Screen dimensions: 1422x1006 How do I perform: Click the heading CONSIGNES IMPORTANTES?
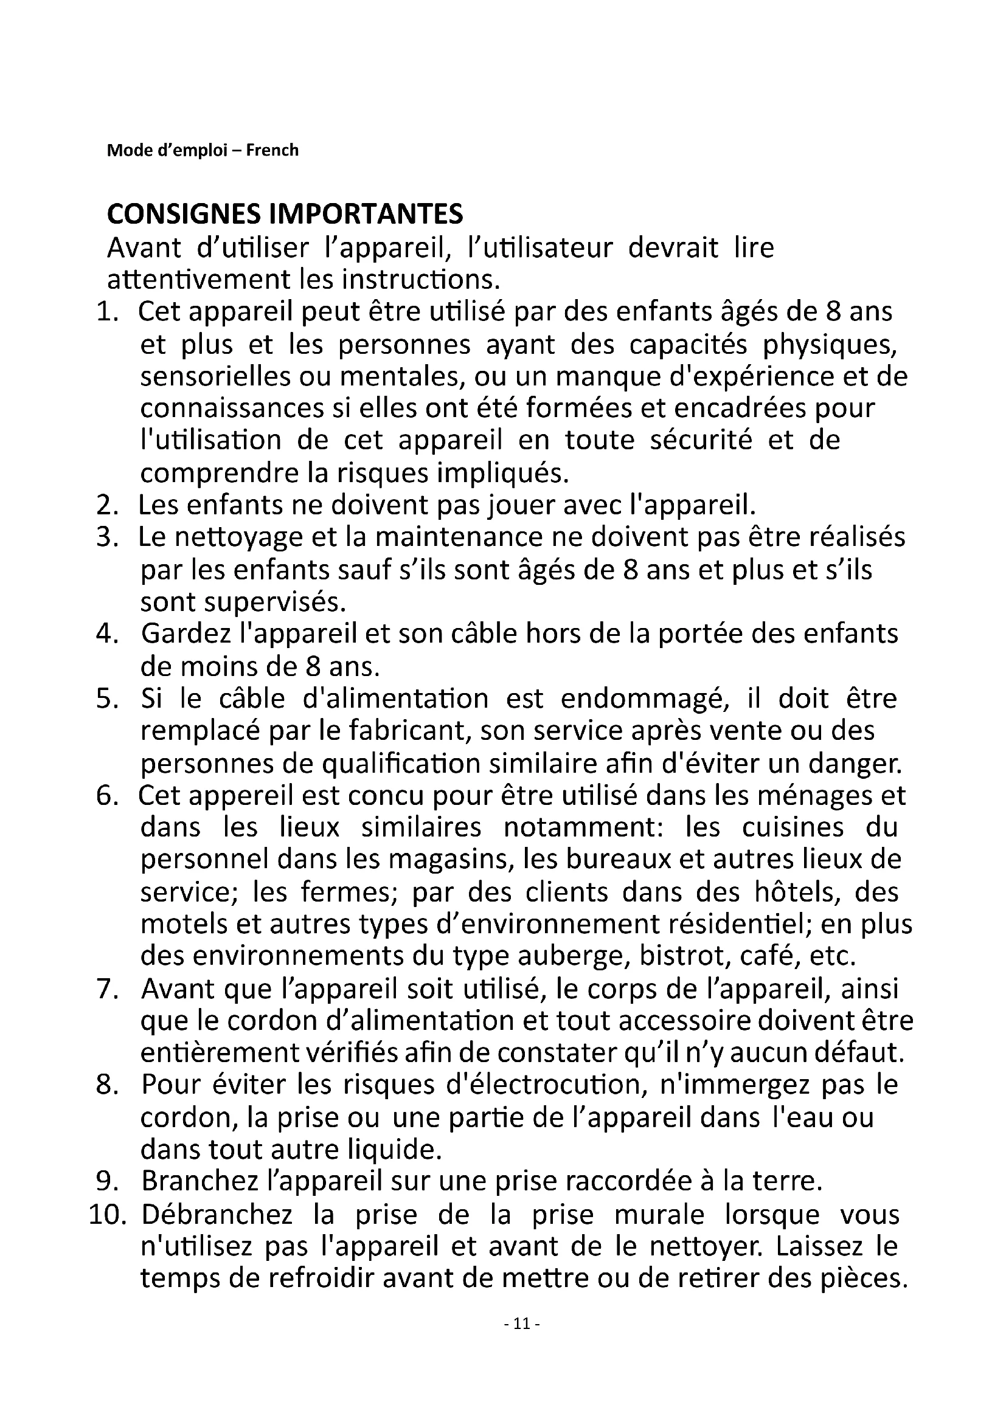pyautogui.click(x=285, y=214)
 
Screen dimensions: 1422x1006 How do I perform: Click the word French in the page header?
pyautogui.click(x=272, y=151)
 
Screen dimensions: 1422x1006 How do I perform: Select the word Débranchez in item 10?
pyautogui.click(x=216, y=1216)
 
